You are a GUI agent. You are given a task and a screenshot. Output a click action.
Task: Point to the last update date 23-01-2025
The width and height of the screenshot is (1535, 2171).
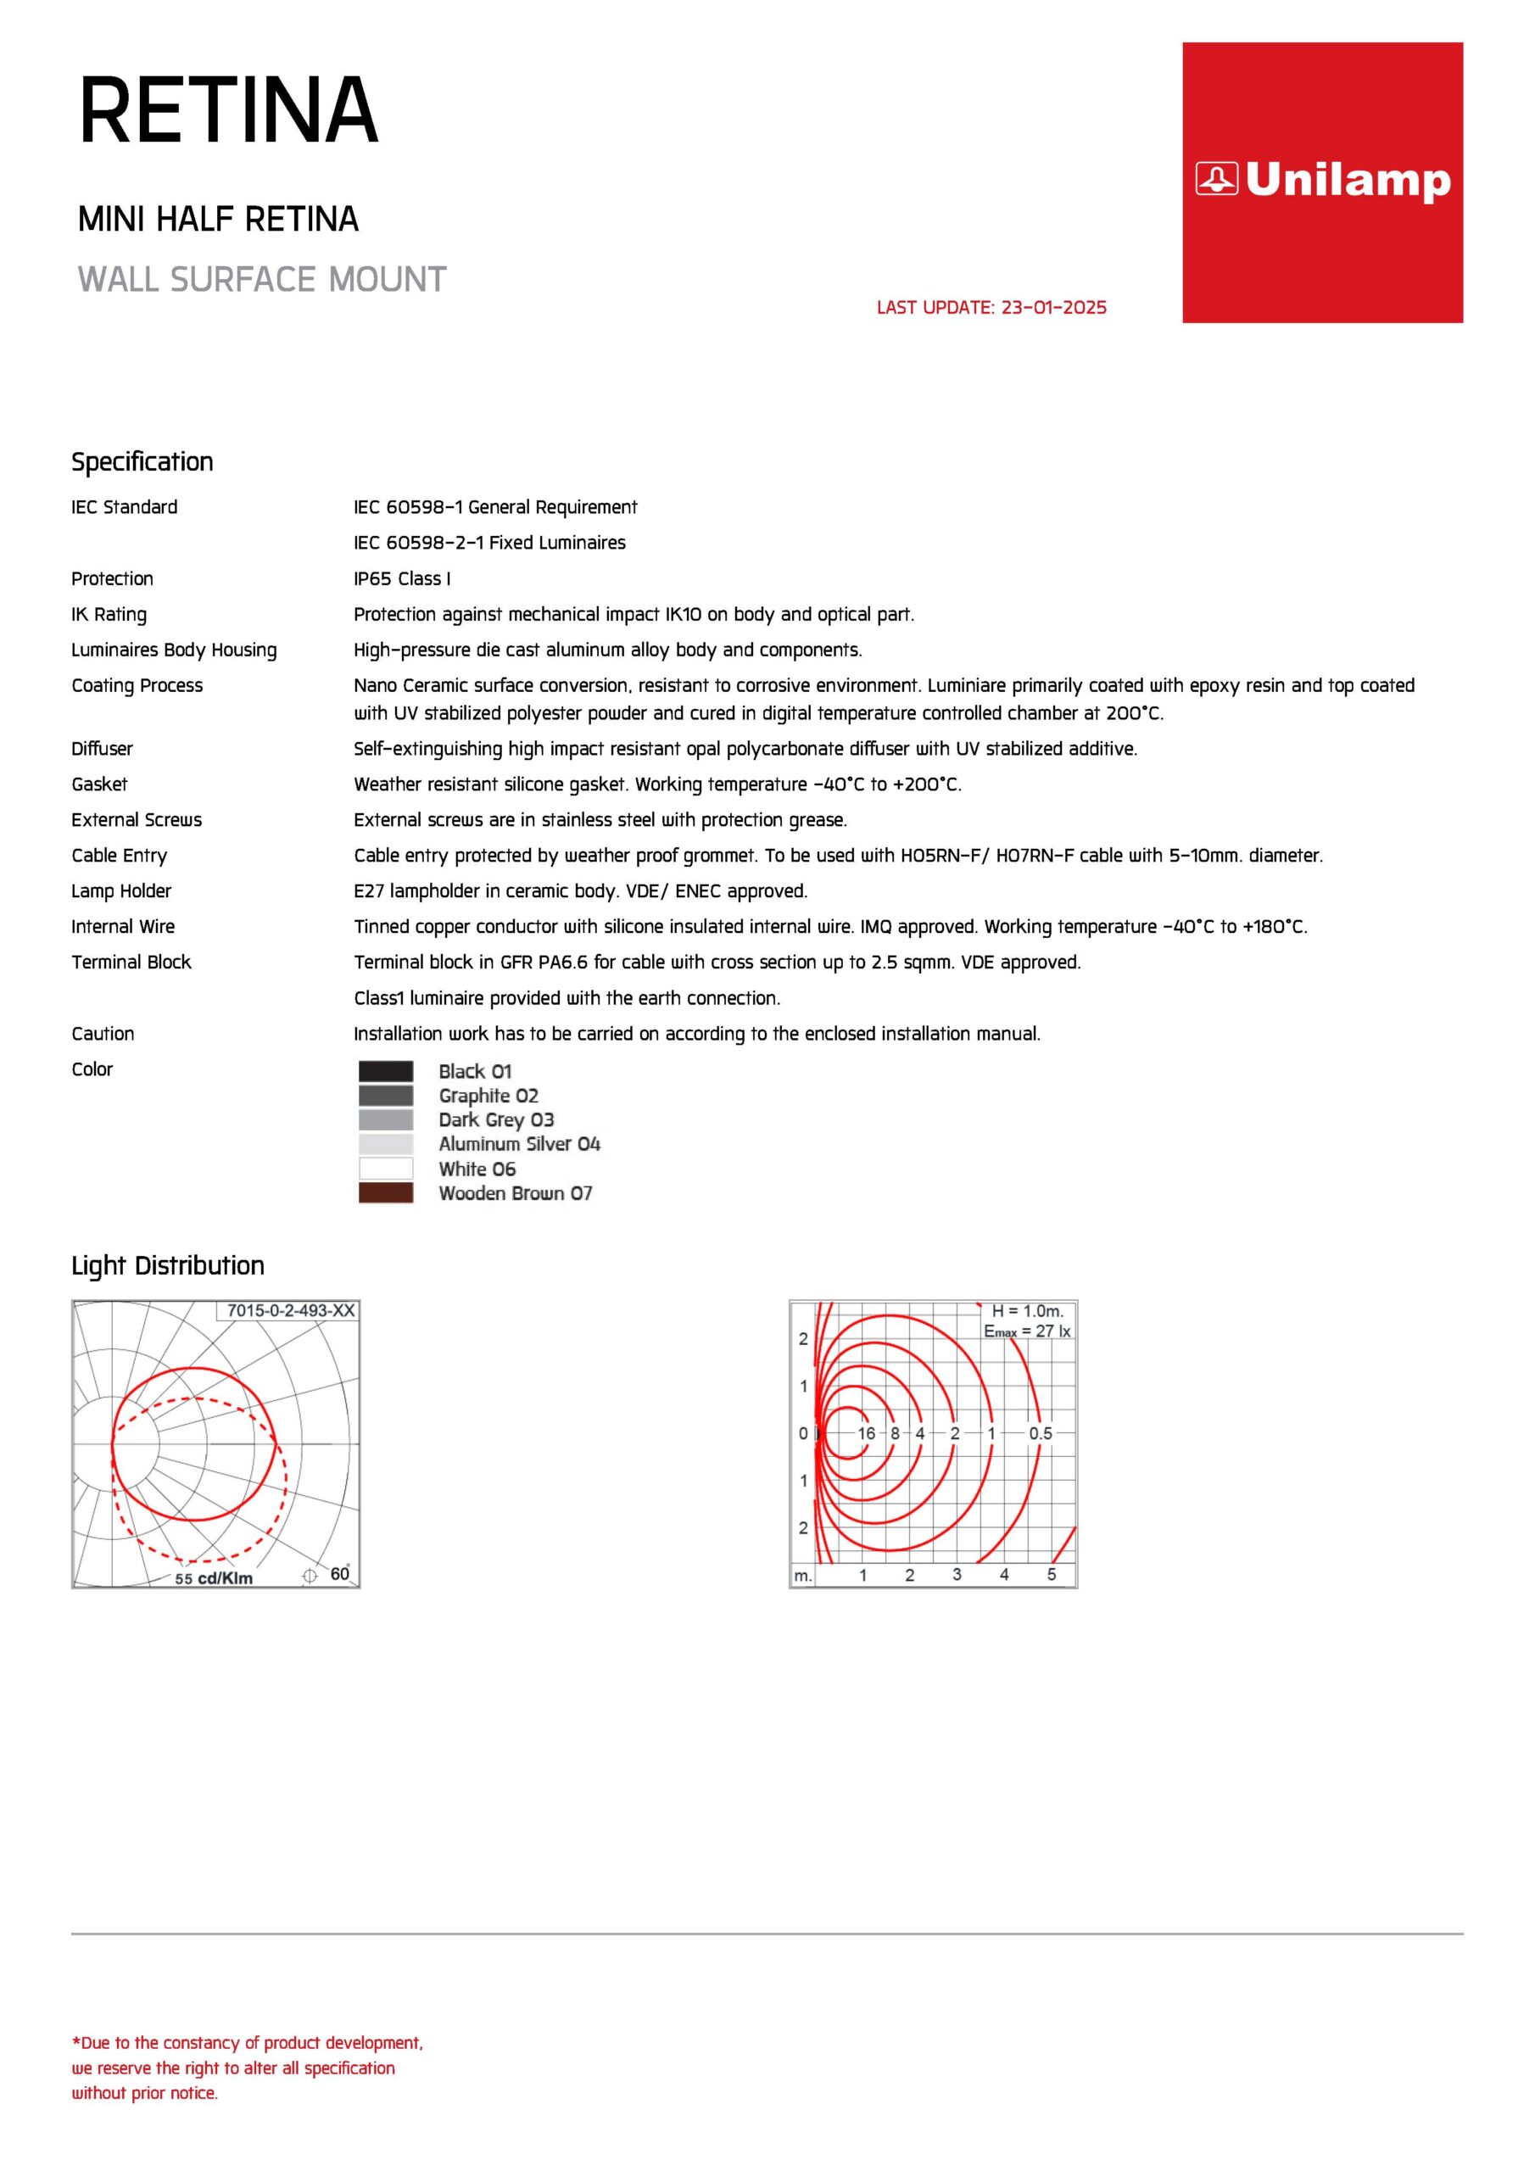coord(991,307)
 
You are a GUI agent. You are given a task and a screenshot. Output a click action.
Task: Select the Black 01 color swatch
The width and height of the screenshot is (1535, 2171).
coord(386,1071)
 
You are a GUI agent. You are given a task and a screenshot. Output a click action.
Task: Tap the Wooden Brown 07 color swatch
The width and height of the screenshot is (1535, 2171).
coord(386,1192)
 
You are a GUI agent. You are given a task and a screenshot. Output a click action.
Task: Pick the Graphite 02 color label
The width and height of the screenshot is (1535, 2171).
coord(488,1096)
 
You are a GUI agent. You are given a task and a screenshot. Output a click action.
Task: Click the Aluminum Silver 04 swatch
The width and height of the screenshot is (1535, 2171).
coord(386,1144)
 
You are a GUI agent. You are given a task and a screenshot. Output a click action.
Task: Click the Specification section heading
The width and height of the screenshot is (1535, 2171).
coord(142,461)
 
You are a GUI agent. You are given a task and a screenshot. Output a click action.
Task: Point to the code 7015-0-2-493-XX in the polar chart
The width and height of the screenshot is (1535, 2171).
coord(290,1310)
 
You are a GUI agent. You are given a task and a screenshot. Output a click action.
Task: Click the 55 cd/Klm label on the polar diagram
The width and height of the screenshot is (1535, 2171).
coord(214,1578)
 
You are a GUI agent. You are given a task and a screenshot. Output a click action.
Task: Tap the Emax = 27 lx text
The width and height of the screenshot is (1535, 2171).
coord(1027,1331)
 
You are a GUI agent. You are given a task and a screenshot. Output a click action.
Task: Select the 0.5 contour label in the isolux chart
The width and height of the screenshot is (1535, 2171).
coord(1041,1433)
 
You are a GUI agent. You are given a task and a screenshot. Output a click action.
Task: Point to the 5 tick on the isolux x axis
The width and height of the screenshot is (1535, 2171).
coord(1051,1574)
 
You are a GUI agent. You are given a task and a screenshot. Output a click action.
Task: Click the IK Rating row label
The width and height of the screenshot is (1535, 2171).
coord(109,615)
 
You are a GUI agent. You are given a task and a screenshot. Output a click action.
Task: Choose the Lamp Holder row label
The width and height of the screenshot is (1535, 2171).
coord(121,890)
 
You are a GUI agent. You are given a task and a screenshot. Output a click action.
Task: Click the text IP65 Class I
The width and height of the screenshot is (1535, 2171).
coord(402,578)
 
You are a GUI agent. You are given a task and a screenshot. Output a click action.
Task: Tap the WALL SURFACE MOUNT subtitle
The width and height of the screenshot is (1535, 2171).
coord(262,280)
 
